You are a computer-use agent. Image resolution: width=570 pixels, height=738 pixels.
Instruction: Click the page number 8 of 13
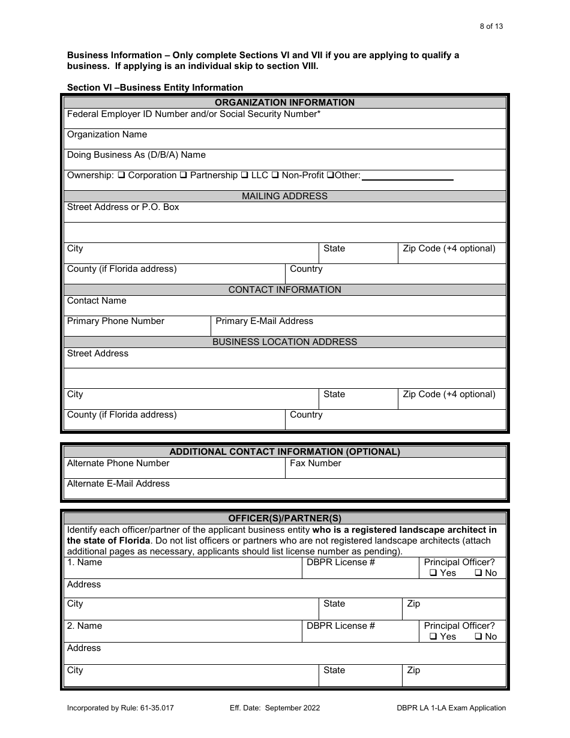click(487, 26)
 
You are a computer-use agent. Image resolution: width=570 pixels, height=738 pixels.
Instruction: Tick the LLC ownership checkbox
click(244, 176)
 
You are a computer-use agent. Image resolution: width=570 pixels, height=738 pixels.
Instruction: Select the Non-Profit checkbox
click(275, 176)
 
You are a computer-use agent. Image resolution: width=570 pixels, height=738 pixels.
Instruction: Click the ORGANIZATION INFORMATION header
click(284, 103)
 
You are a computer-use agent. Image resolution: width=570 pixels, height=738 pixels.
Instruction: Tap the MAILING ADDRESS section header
click(284, 196)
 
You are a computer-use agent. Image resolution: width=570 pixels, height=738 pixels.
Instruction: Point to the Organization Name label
click(107, 135)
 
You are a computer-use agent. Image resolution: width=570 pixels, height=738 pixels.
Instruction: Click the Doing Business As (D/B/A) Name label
click(136, 155)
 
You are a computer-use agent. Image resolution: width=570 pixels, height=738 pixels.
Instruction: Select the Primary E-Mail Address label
click(264, 322)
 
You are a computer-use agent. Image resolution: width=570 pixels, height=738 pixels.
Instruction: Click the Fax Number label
click(315, 464)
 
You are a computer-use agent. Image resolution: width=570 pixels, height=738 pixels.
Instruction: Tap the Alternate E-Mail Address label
click(118, 484)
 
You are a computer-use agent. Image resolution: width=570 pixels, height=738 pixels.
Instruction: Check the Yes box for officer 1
click(433, 574)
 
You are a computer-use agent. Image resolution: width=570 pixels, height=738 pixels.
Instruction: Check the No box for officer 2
click(478, 637)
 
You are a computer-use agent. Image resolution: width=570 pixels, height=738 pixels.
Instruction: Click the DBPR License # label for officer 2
click(340, 626)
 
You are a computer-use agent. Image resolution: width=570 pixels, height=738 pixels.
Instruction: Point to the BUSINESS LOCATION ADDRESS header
click(284, 342)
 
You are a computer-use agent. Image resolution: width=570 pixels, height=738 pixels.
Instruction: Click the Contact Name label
click(97, 301)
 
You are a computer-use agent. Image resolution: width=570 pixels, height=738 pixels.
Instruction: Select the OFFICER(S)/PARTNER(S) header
click(284, 518)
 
